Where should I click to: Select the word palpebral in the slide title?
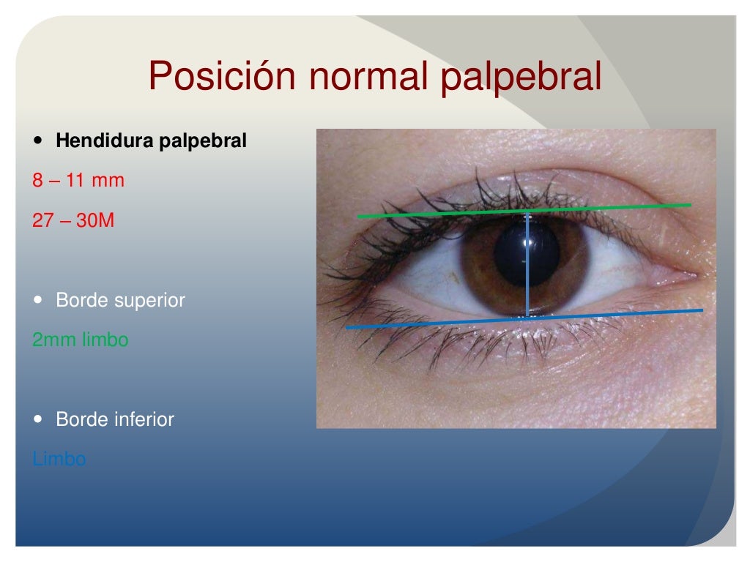[x=521, y=77]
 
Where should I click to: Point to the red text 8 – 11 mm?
[x=78, y=180]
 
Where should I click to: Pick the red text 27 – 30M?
[x=73, y=220]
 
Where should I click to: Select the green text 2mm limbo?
[x=81, y=340]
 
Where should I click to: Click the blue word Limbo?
[x=59, y=460]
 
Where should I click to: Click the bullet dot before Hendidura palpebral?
[x=38, y=140]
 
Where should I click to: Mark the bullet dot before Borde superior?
[x=38, y=300]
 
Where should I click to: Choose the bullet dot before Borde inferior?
[x=38, y=419]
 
